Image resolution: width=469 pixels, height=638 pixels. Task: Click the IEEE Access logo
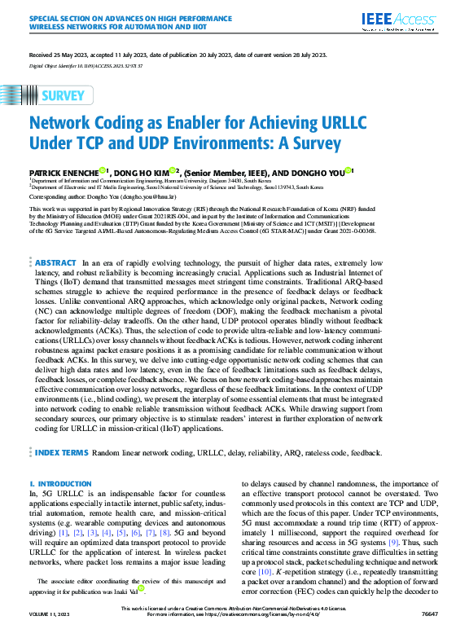(x=405, y=20)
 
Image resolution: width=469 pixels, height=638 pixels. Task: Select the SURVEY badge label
(x=64, y=95)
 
